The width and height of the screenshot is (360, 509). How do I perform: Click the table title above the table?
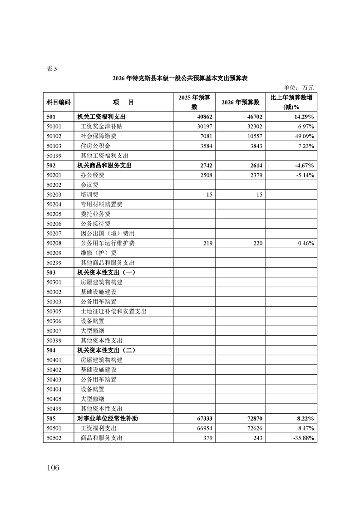pos(180,78)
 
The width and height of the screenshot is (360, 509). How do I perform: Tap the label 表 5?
pos(52,69)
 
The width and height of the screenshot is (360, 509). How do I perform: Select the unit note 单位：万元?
pos(298,88)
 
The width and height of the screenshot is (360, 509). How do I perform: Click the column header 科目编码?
pos(59,103)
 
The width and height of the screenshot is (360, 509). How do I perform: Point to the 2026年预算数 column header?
pos(240,103)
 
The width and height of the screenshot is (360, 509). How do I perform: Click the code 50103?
pos(57,146)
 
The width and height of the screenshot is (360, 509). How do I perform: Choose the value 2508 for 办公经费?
pos(205,175)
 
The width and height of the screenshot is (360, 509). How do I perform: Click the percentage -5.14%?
pos(303,175)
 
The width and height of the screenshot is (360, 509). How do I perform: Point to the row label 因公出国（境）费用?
pos(108,233)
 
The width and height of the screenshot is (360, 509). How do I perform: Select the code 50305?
pos(57,311)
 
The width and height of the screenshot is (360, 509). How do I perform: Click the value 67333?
pos(203,418)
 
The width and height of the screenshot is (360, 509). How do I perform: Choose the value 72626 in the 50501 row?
pos(253,428)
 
